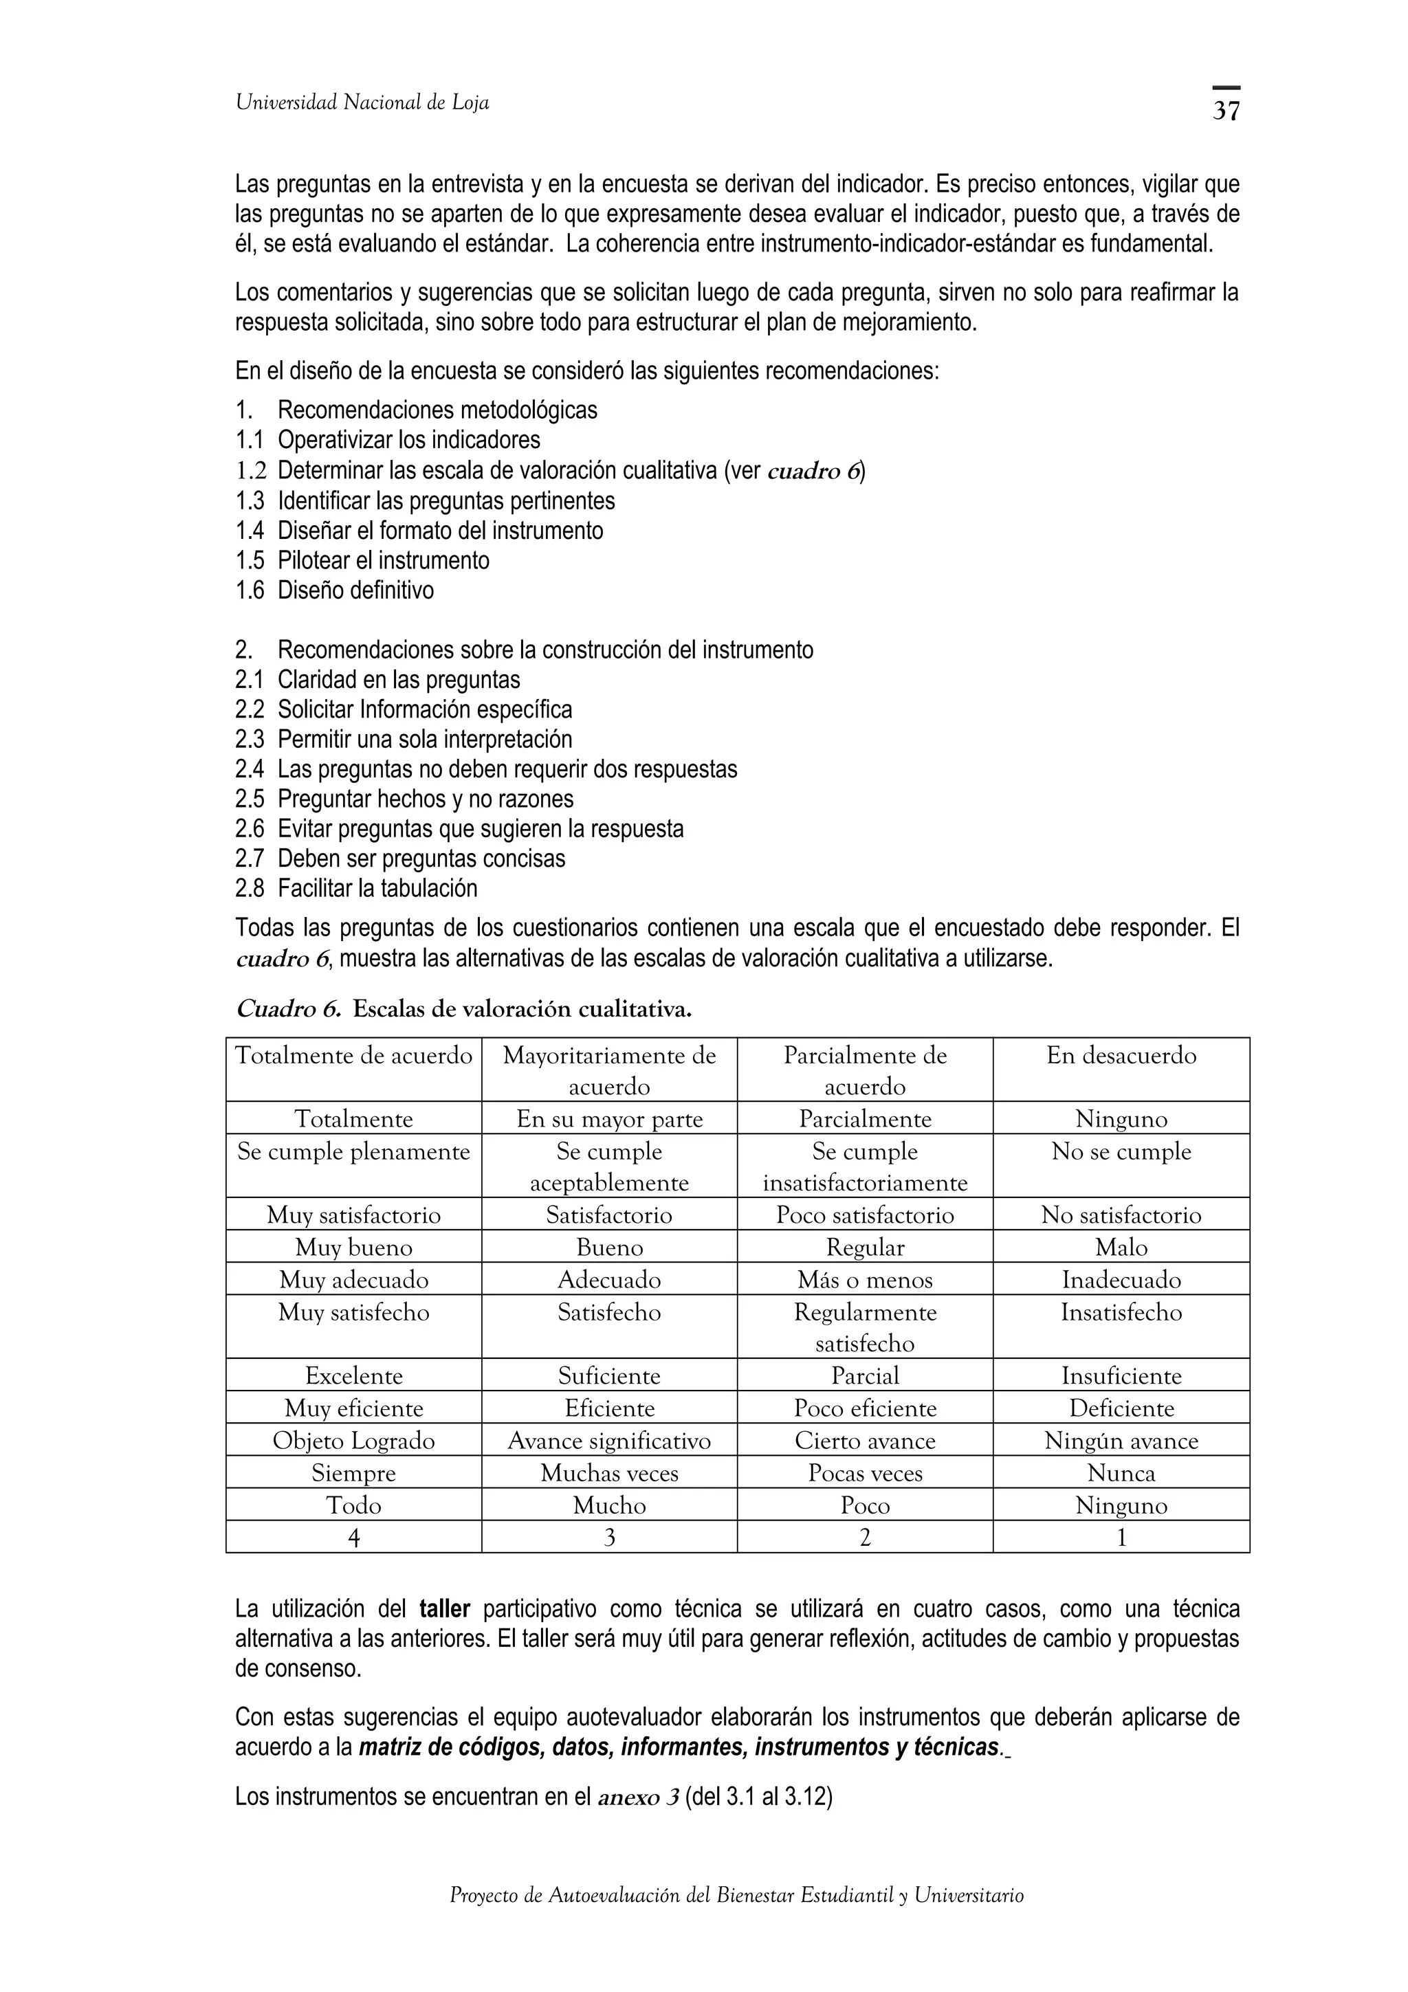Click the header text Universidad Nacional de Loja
[x=362, y=103]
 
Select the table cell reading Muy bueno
[x=353, y=1248]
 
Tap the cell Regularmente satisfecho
[x=865, y=1327]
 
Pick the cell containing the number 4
[x=353, y=1538]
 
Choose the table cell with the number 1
[x=1121, y=1538]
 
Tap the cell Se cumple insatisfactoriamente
[x=865, y=1167]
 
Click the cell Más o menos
[x=865, y=1280]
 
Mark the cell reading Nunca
[x=1121, y=1473]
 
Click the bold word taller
[x=444, y=1609]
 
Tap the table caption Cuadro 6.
[x=288, y=1010]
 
